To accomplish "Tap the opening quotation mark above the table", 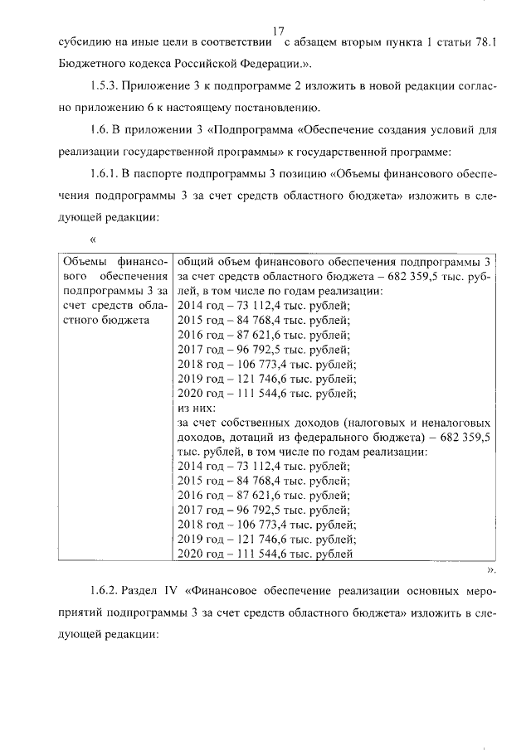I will [92, 240].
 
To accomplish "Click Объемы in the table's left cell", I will [87, 261].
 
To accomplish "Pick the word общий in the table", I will [196, 261].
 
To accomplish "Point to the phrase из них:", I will [197, 409].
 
